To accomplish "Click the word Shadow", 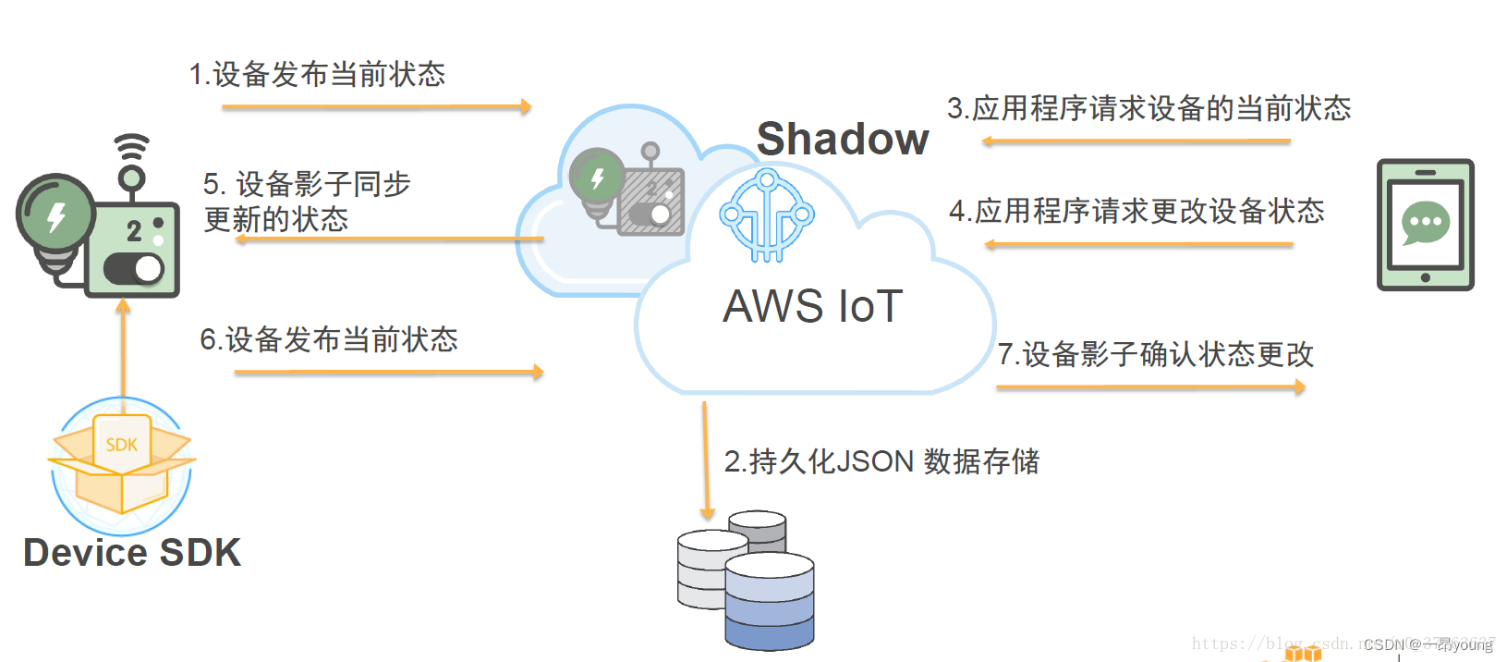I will click(842, 140).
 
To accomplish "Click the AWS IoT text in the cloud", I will click(812, 307).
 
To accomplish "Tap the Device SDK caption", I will click(132, 553).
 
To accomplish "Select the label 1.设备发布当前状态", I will click(317, 75).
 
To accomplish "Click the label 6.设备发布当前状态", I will click(329, 340).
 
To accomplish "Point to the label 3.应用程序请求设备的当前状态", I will click(1148, 109).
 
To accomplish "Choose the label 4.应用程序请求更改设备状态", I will click(1136, 212).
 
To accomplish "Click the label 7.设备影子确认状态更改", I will click(1155, 354).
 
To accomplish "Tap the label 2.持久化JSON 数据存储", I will click(881, 461).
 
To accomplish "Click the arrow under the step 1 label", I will click(376, 107).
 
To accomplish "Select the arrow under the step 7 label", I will click(1150, 387).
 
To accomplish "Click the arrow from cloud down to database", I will click(706, 460).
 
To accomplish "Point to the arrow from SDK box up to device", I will click(123, 349).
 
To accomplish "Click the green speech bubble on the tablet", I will click(1425, 223).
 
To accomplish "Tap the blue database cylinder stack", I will click(769, 601).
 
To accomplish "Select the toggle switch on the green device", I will click(133, 269).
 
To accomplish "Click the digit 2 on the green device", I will click(134, 230).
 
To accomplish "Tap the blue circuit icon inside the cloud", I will click(767, 215).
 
